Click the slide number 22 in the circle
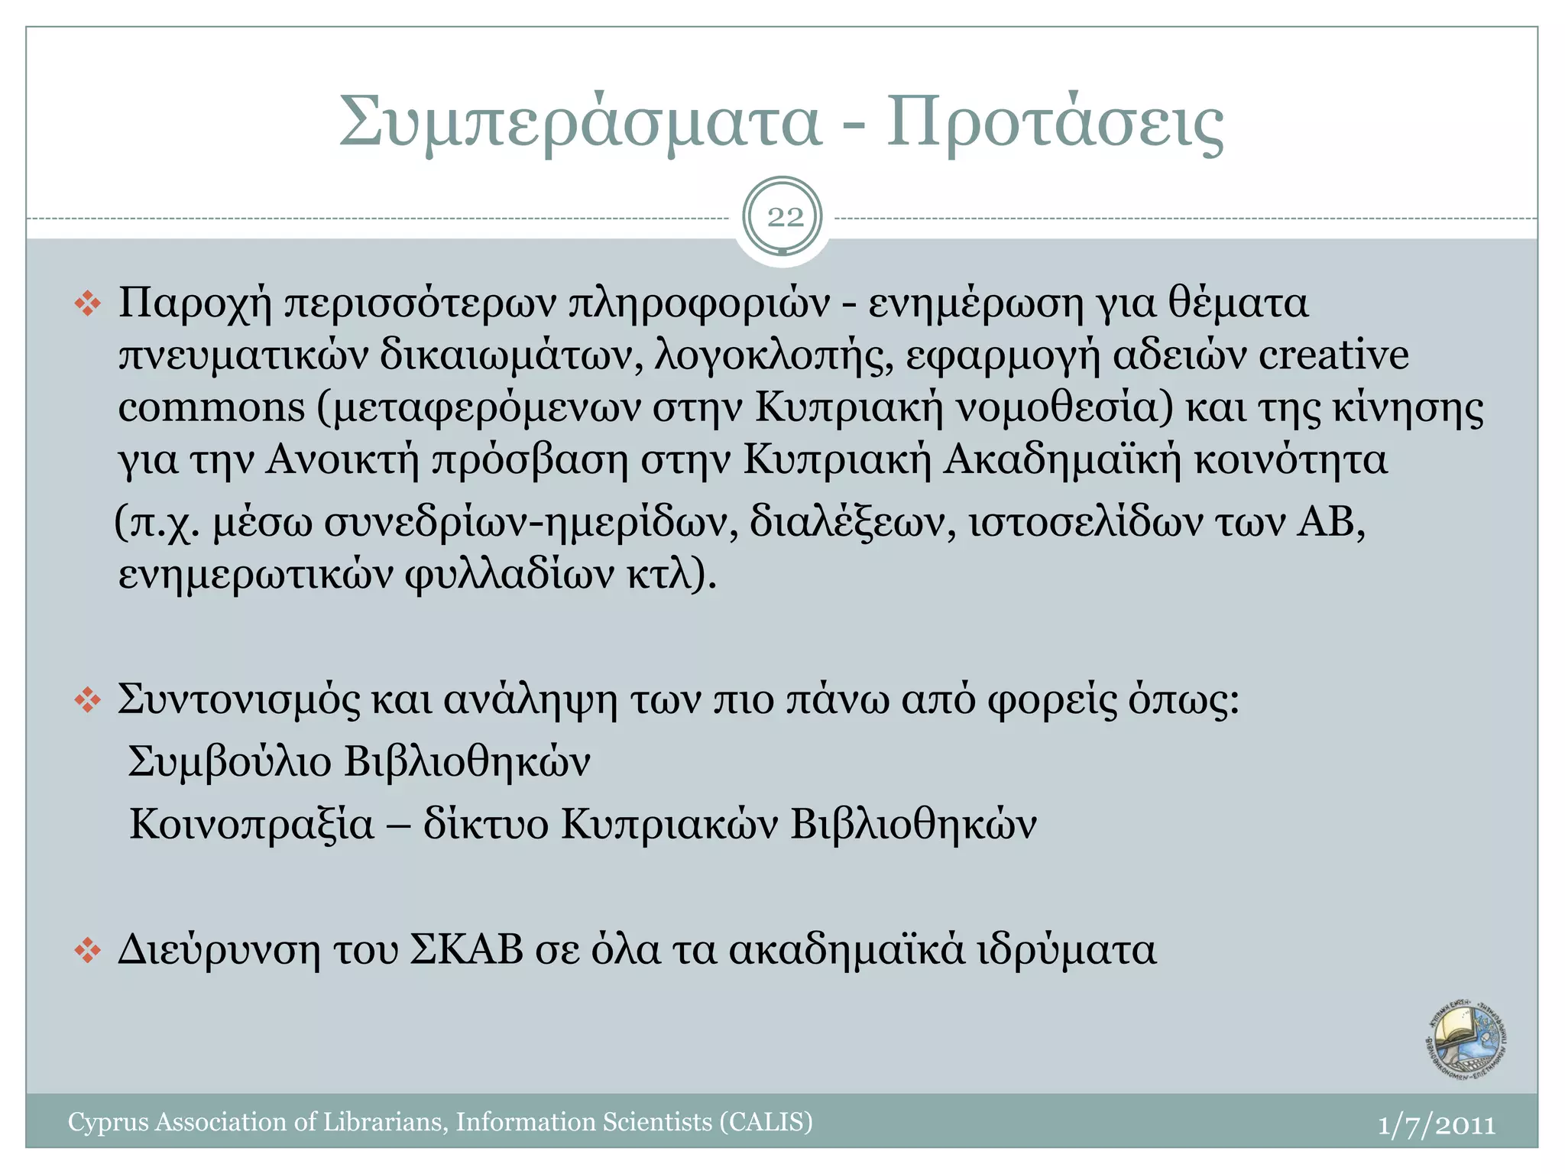[785, 218]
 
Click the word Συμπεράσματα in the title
[580, 122]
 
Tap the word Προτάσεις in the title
[1055, 122]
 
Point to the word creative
[1333, 355]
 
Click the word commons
[212, 407]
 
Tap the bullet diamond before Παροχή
[88, 304]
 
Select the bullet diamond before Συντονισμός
[88, 700]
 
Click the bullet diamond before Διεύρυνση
[88, 951]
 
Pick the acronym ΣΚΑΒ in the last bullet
[467, 950]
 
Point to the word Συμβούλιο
[230, 763]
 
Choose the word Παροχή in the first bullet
[195, 304]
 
